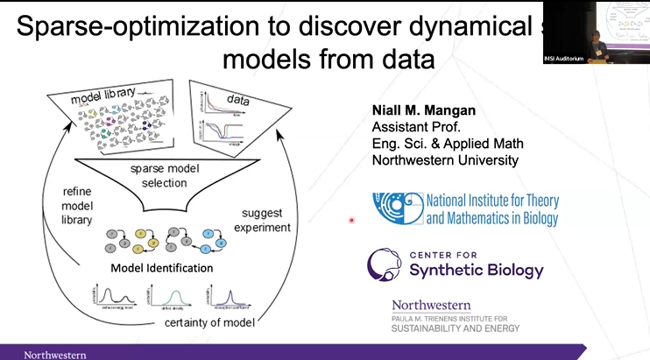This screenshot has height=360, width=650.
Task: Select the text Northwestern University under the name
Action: tap(445, 160)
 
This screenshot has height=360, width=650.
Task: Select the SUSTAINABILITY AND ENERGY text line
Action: tap(456, 328)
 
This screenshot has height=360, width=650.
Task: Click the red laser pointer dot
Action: tap(351, 220)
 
